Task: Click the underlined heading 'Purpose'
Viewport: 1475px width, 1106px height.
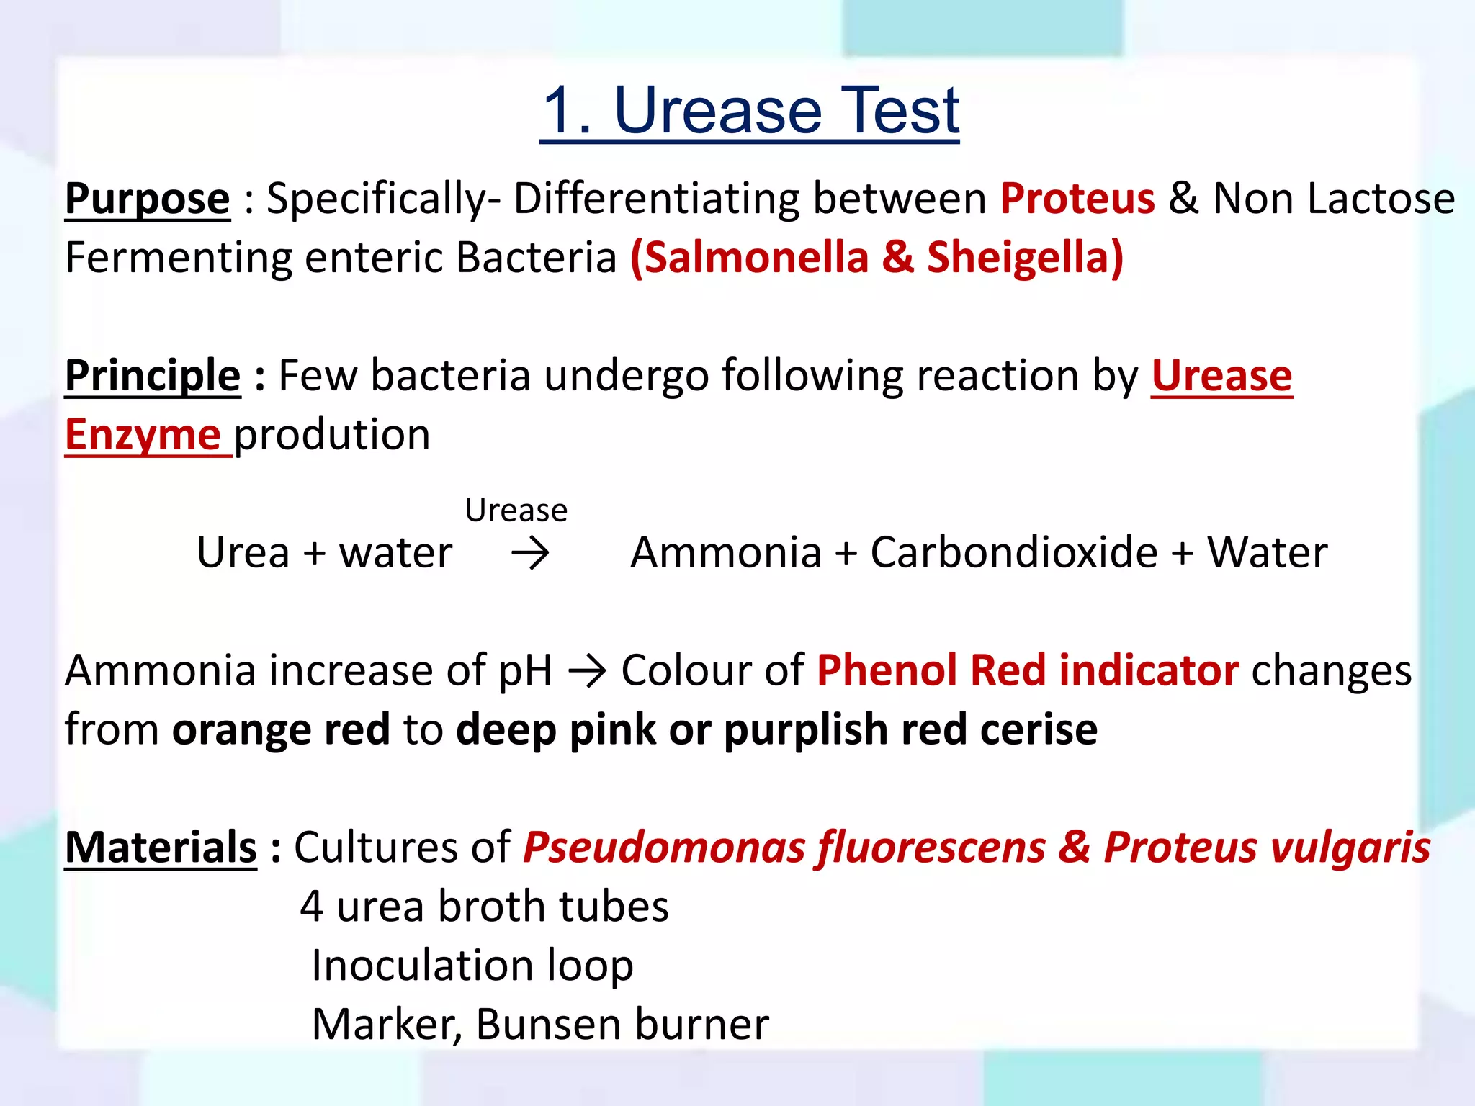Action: coord(148,199)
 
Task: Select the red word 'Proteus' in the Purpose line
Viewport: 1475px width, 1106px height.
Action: coord(1077,199)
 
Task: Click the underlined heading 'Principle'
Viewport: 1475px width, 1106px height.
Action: coord(153,376)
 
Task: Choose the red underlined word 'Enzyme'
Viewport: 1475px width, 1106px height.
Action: coord(143,435)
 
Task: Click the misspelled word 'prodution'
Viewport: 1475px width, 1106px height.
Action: coord(332,435)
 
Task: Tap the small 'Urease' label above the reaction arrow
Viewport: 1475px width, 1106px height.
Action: coord(516,511)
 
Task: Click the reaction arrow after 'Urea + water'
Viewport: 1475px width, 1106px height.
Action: coord(530,554)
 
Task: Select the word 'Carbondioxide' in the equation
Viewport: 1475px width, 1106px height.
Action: coord(1013,553)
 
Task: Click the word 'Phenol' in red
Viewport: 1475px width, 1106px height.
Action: coord(887,671)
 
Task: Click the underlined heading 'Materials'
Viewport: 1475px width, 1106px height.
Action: coord(161,848)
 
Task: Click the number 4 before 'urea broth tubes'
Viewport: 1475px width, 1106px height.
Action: coord(311,907)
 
